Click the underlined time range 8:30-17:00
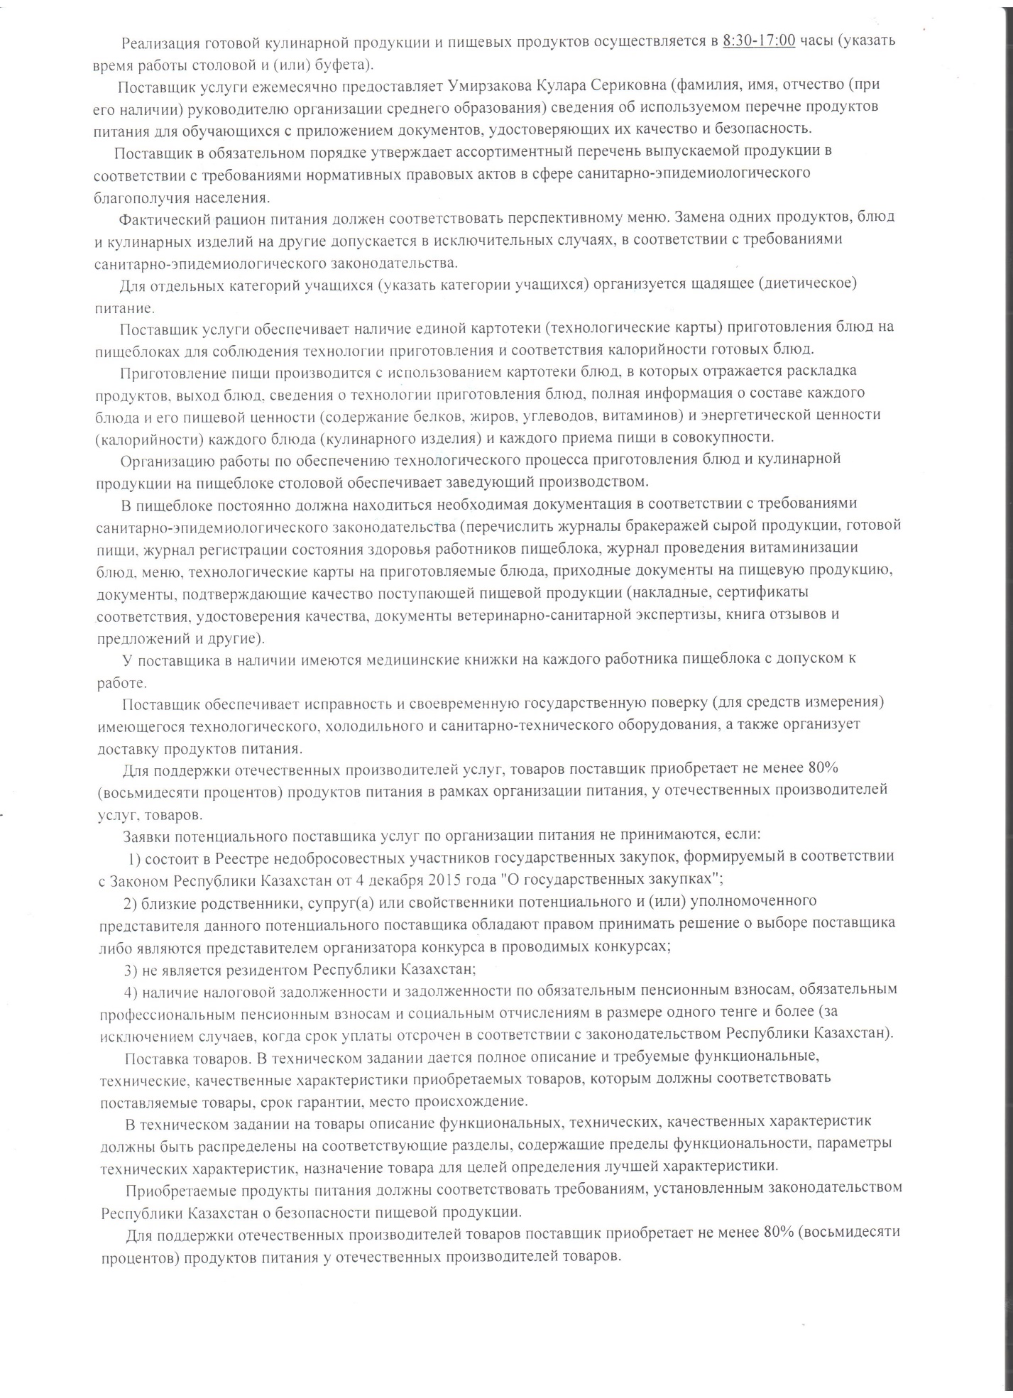pos(759,40)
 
